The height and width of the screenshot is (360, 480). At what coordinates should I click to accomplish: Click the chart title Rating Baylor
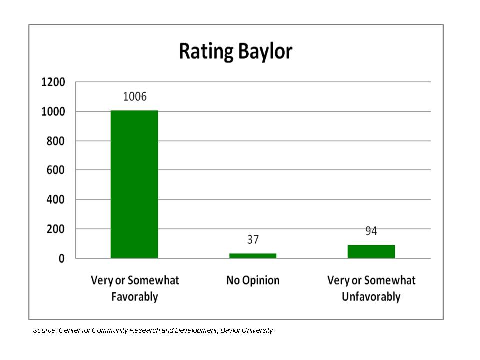(235, 51)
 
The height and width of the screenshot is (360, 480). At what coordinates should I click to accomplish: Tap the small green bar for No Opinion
(253, 255)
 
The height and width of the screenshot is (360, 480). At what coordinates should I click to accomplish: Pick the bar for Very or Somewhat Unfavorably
(371, 251)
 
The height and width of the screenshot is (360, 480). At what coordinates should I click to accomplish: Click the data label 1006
(135, 97)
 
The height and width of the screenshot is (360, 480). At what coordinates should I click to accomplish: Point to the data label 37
(253, 240)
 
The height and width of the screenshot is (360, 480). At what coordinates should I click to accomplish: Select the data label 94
(371, 231)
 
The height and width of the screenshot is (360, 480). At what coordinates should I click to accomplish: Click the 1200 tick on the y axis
(53, 82)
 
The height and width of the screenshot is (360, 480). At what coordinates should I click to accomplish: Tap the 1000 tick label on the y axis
(53, 112)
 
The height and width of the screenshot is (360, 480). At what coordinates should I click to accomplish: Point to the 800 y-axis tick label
(56, 141)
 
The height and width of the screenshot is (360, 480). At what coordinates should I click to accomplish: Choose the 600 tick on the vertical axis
(56, 170)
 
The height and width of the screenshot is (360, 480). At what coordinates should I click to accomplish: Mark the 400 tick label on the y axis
(56, 200)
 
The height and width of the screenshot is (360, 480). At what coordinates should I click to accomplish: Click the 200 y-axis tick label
(56, 229)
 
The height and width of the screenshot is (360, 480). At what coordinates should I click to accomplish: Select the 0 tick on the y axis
(62, 259)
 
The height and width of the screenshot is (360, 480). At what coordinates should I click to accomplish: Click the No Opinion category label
(253, 280)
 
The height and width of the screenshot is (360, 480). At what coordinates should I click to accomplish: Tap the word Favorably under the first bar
(134, 297)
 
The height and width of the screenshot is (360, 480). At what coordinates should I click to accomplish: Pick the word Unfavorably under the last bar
(371, 297)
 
